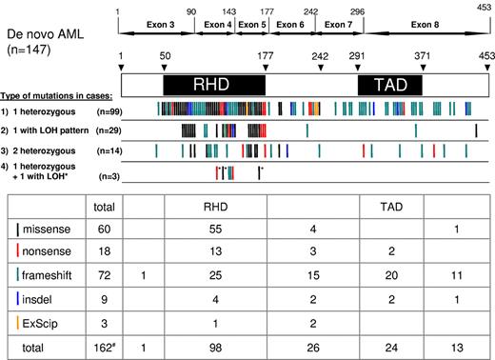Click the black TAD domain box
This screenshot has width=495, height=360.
point(393,85)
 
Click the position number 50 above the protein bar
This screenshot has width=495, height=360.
point(166,57)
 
